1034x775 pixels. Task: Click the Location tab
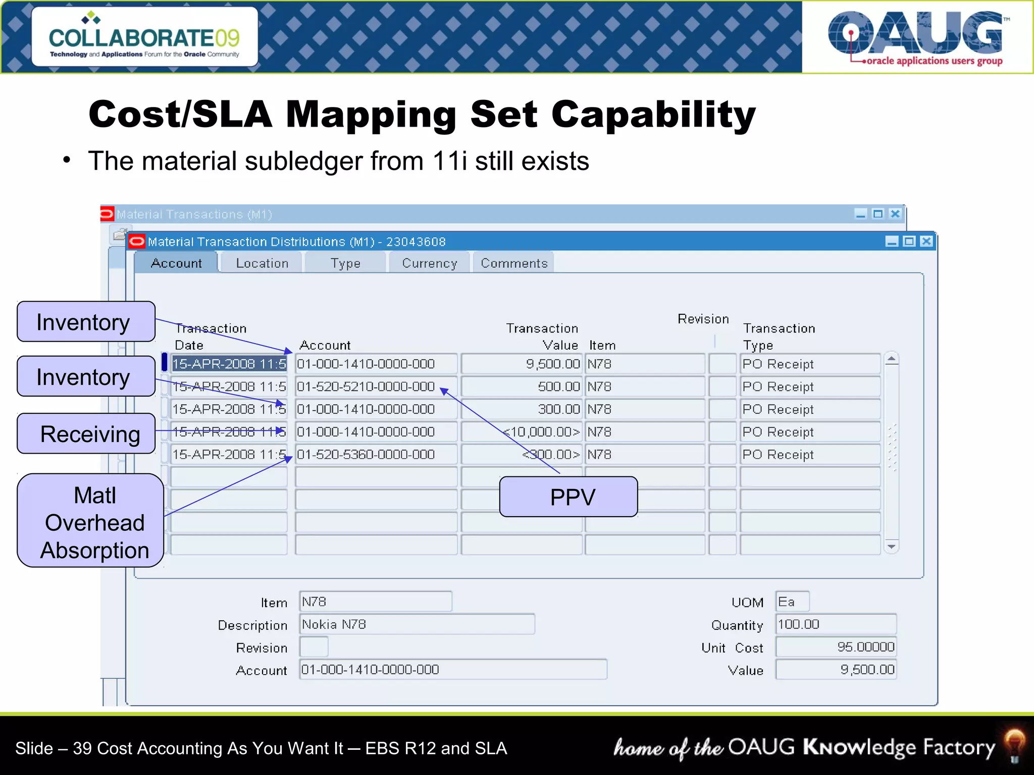coord(262,263)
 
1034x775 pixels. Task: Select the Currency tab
coord(429,263)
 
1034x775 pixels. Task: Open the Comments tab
coord(513,263)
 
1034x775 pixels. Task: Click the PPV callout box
coord(568,497)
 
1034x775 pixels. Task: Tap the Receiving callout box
coord(86,434)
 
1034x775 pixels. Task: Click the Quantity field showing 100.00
coord(836,625)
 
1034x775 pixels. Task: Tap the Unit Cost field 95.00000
coord(836,647)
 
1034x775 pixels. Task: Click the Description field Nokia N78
coord(417,625)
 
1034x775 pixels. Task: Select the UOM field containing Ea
coord(792,602)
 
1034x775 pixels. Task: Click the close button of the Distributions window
coord(926,242)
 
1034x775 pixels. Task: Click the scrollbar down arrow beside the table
coord(892,546)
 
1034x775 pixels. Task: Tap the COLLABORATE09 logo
coord(144,37)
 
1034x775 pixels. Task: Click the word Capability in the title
coord(653,115)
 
